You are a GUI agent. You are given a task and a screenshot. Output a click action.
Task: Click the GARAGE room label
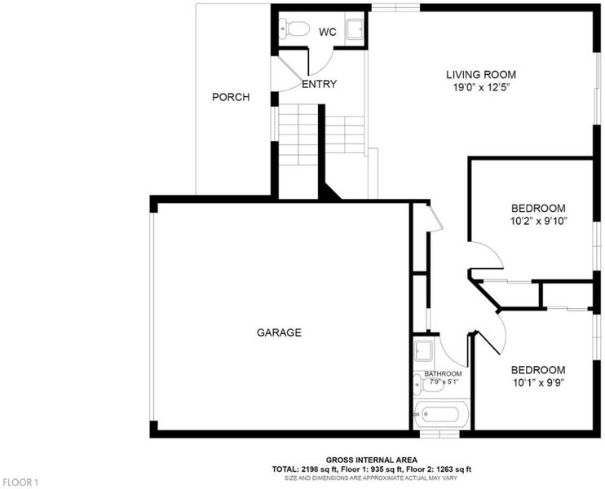click(x=279, y=333)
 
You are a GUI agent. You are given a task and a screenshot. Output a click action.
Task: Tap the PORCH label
click(x=231, y=97)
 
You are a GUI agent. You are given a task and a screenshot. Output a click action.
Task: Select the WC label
click(x=328, y=33)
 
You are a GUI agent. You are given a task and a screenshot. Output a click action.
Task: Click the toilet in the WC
click(x=295, y=29)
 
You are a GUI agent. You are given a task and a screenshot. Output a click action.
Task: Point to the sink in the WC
click(x=355, y=29)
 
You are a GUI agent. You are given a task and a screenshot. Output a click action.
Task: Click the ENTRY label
click(x=319, y=84)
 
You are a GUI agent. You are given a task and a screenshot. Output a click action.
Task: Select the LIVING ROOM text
click(x=481, y=74)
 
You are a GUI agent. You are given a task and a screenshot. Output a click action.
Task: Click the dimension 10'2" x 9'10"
click(x=539, y=222)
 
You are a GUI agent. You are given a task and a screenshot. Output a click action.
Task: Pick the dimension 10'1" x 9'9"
click(x=538, y=383)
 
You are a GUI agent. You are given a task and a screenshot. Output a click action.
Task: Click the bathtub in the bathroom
click(x=441, y=414)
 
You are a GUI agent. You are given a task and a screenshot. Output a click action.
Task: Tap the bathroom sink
click(x=423, y=350)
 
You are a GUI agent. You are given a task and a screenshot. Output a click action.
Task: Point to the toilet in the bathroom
click(x=426, y=385)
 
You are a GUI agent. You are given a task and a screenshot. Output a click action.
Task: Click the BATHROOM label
click(x=443, y=374)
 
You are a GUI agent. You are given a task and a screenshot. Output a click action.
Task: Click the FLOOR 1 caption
click(x=20, y=482)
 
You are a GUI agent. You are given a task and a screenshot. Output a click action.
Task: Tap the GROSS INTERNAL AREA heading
click(x=372, y=460)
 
